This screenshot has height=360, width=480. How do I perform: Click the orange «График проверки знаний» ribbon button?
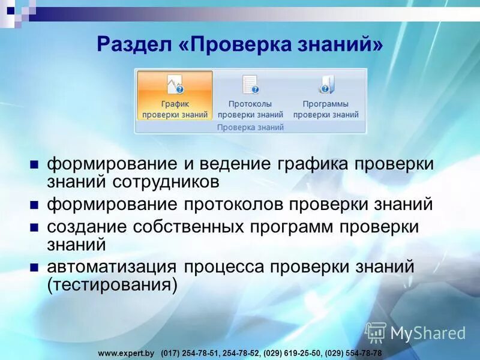(x=175, y=96)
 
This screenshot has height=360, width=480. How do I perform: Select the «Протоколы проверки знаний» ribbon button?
(x=250, y=96)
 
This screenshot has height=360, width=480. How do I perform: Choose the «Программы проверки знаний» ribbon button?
(x=326, y=96)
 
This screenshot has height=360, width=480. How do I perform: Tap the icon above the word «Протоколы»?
(x=250, y=85)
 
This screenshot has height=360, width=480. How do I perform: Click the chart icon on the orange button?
(x=175, y=85)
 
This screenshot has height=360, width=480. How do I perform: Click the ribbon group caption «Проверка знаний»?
(x=250, y=127)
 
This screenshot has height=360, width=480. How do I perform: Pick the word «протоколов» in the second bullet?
(x=230, y=204)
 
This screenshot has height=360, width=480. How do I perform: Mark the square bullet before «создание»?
(x=34, y=229)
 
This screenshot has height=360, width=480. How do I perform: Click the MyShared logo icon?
(x=376, y=332)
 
